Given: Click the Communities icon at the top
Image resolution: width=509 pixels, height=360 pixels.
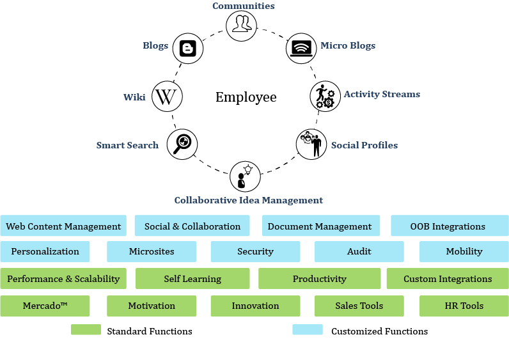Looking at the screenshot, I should (241, 24).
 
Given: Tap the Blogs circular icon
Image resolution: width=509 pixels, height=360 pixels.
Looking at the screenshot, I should (188, 48).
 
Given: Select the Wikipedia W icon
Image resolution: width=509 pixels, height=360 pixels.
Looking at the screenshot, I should (167, 97).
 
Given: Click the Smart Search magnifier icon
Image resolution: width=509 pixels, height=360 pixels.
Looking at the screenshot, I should (182, 143).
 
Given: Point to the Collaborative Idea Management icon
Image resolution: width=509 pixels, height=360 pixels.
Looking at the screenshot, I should (245, 177).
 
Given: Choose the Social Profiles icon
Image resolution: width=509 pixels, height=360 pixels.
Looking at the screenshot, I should (311, 144).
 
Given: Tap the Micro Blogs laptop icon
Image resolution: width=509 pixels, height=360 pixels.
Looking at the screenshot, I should (301, 47).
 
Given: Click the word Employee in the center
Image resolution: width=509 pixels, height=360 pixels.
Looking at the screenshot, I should (246, 97).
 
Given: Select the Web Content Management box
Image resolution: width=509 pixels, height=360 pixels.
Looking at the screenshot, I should (63, 226).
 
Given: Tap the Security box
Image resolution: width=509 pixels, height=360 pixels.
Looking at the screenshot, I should (255, 251).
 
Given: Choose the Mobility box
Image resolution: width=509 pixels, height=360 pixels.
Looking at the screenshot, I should (464, 251).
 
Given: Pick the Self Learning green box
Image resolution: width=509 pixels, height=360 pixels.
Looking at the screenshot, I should (192, 278).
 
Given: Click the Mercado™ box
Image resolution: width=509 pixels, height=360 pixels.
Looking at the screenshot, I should (45, 306).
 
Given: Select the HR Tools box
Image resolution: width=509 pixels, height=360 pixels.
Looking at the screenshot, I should (464, 306).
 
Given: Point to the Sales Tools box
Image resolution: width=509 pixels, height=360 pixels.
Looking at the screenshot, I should (359, 306).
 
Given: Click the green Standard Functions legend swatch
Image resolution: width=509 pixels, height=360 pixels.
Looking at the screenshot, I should (86, 330).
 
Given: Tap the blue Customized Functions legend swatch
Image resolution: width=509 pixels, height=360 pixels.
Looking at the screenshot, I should (308, 330).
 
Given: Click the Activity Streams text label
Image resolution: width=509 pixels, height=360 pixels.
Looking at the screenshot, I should (382, 94).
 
